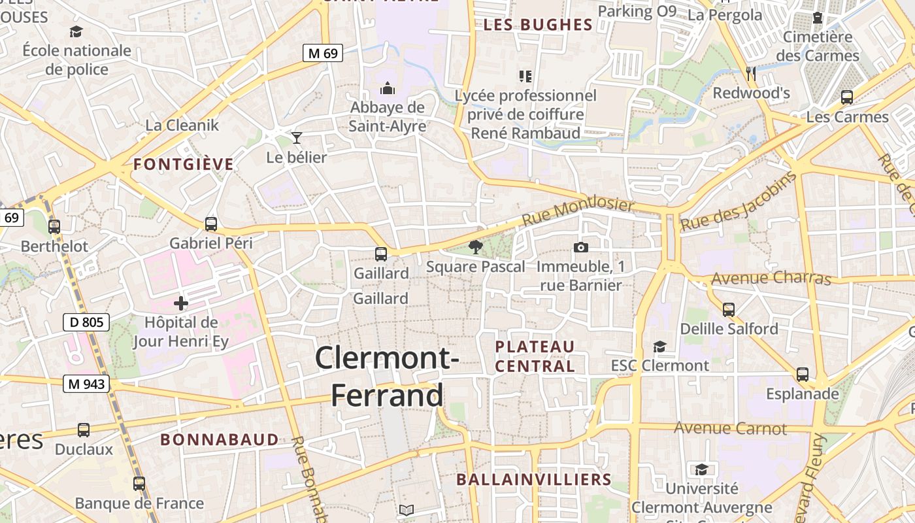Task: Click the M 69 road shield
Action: [x=323, y=53]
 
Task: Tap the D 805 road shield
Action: [x=86, y=322]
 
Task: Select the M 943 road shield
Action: [x=86, y=384]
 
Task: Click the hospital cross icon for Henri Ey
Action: [x=181, y=303]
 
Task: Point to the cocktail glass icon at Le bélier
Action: [x=297, y=137]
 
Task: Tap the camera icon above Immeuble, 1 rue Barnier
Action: [x=580, y=247]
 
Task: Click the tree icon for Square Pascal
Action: [x=476, y=246]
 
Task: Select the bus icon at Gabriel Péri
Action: [x=211, y=224]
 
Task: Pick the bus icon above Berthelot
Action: [x=54, y=227]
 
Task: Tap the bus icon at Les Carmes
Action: [x=847, y=97]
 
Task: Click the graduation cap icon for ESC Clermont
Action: [x=659, y=346]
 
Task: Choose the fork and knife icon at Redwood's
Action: [x=751, y=73]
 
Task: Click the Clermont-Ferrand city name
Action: [x=387, y=377]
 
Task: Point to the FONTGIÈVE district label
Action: [x=184, y=164]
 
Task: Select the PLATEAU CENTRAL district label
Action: [x=535, y=356]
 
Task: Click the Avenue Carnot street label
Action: [x=730, y=428]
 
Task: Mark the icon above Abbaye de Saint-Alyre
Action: [x=387, y=88]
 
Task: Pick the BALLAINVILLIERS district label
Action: [x=534, y=479]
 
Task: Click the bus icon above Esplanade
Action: [x=803, y=375]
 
